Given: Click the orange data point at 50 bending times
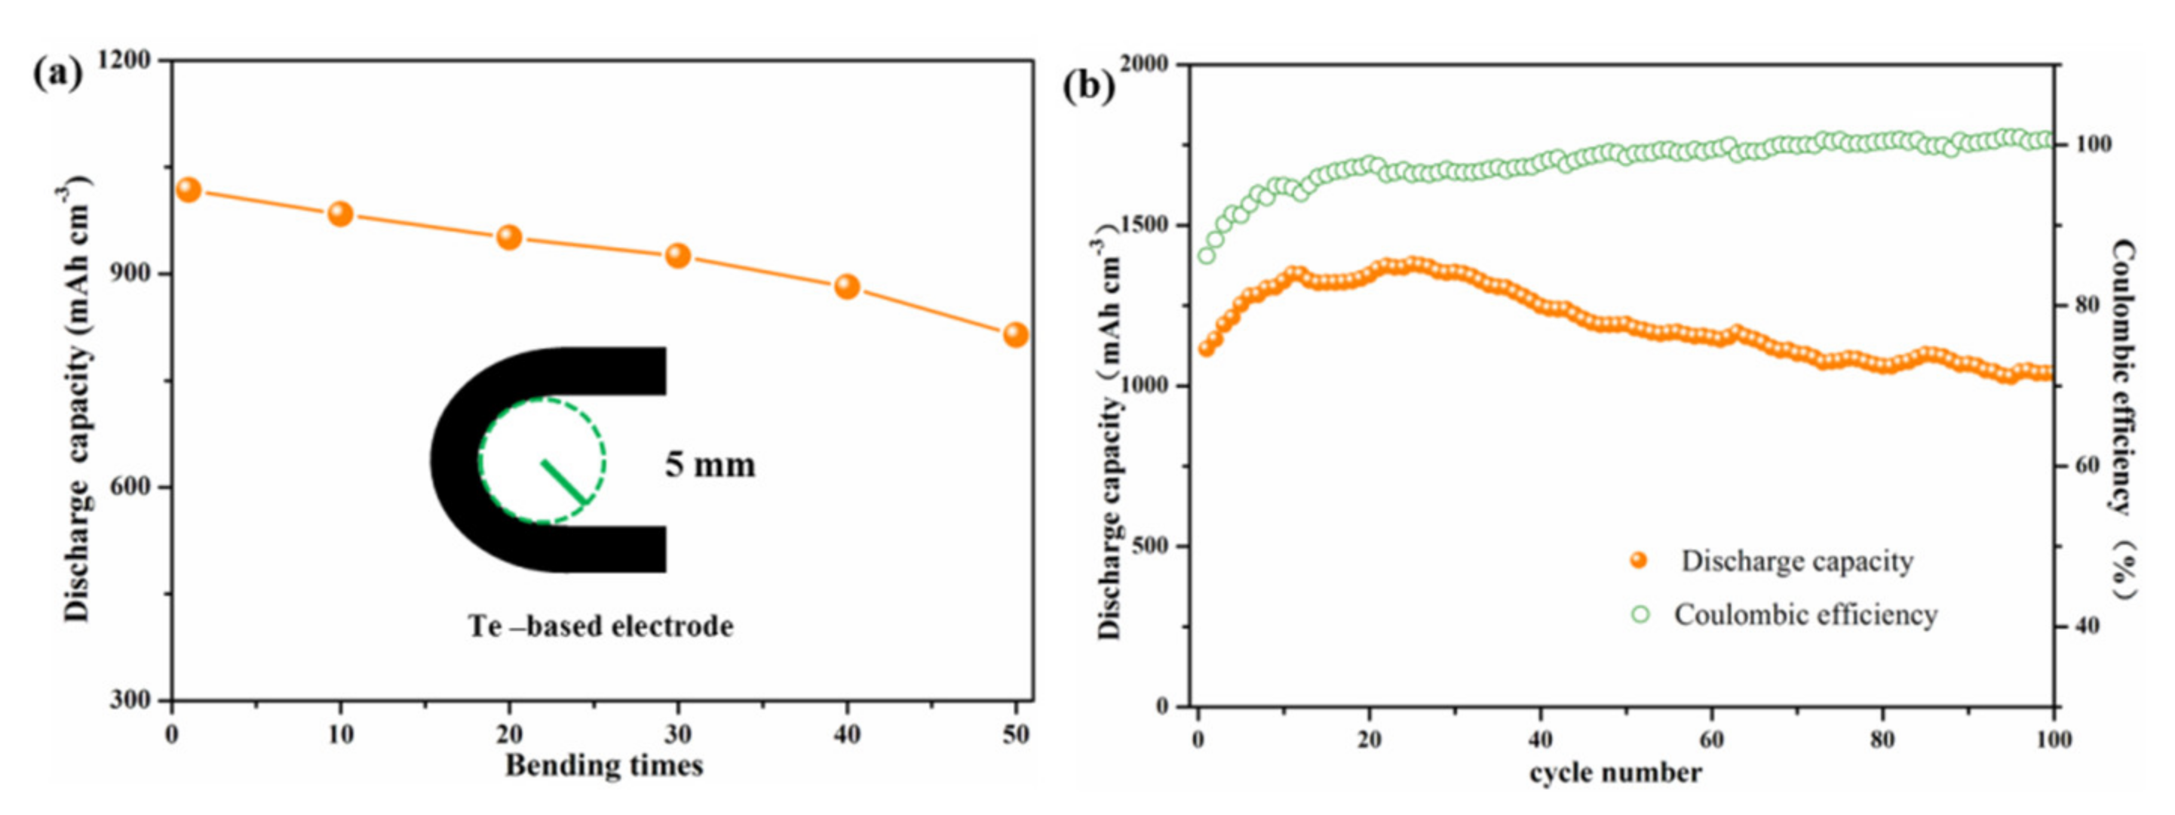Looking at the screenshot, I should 1016,335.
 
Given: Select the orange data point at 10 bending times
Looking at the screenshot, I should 340,214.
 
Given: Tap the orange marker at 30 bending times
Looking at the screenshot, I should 678,256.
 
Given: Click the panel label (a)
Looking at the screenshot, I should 57,74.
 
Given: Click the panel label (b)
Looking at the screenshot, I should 1088,86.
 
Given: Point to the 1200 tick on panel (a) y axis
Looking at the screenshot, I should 124,61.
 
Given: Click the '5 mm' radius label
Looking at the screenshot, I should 709,465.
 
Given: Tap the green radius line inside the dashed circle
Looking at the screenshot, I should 563,481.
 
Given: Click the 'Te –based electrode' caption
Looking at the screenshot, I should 600,626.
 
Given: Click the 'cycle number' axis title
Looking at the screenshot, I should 1615,772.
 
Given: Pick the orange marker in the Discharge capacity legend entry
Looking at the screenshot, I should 1639,561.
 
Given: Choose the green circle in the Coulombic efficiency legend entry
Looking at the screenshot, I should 1640,614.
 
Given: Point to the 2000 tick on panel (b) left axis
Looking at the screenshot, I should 1144,65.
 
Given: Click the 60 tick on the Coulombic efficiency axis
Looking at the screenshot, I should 2094,466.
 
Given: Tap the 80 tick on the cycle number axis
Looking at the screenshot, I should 1882,740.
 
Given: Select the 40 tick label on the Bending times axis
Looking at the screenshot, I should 847,735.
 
